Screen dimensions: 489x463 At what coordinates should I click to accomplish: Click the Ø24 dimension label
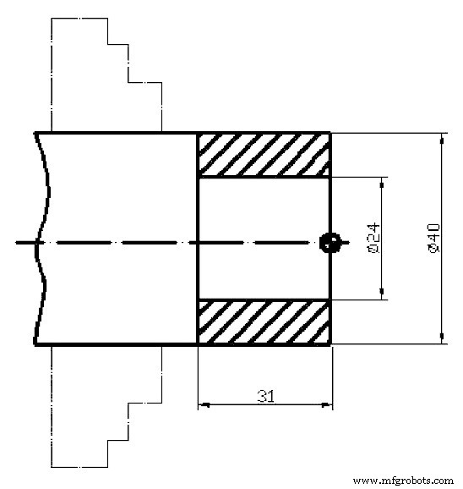373,239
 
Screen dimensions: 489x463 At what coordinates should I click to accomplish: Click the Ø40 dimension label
432,238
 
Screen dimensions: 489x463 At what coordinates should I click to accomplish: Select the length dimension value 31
264,395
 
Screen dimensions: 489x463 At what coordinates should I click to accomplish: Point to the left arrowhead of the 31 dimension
203,406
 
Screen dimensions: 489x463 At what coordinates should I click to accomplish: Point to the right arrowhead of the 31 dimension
326,406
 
